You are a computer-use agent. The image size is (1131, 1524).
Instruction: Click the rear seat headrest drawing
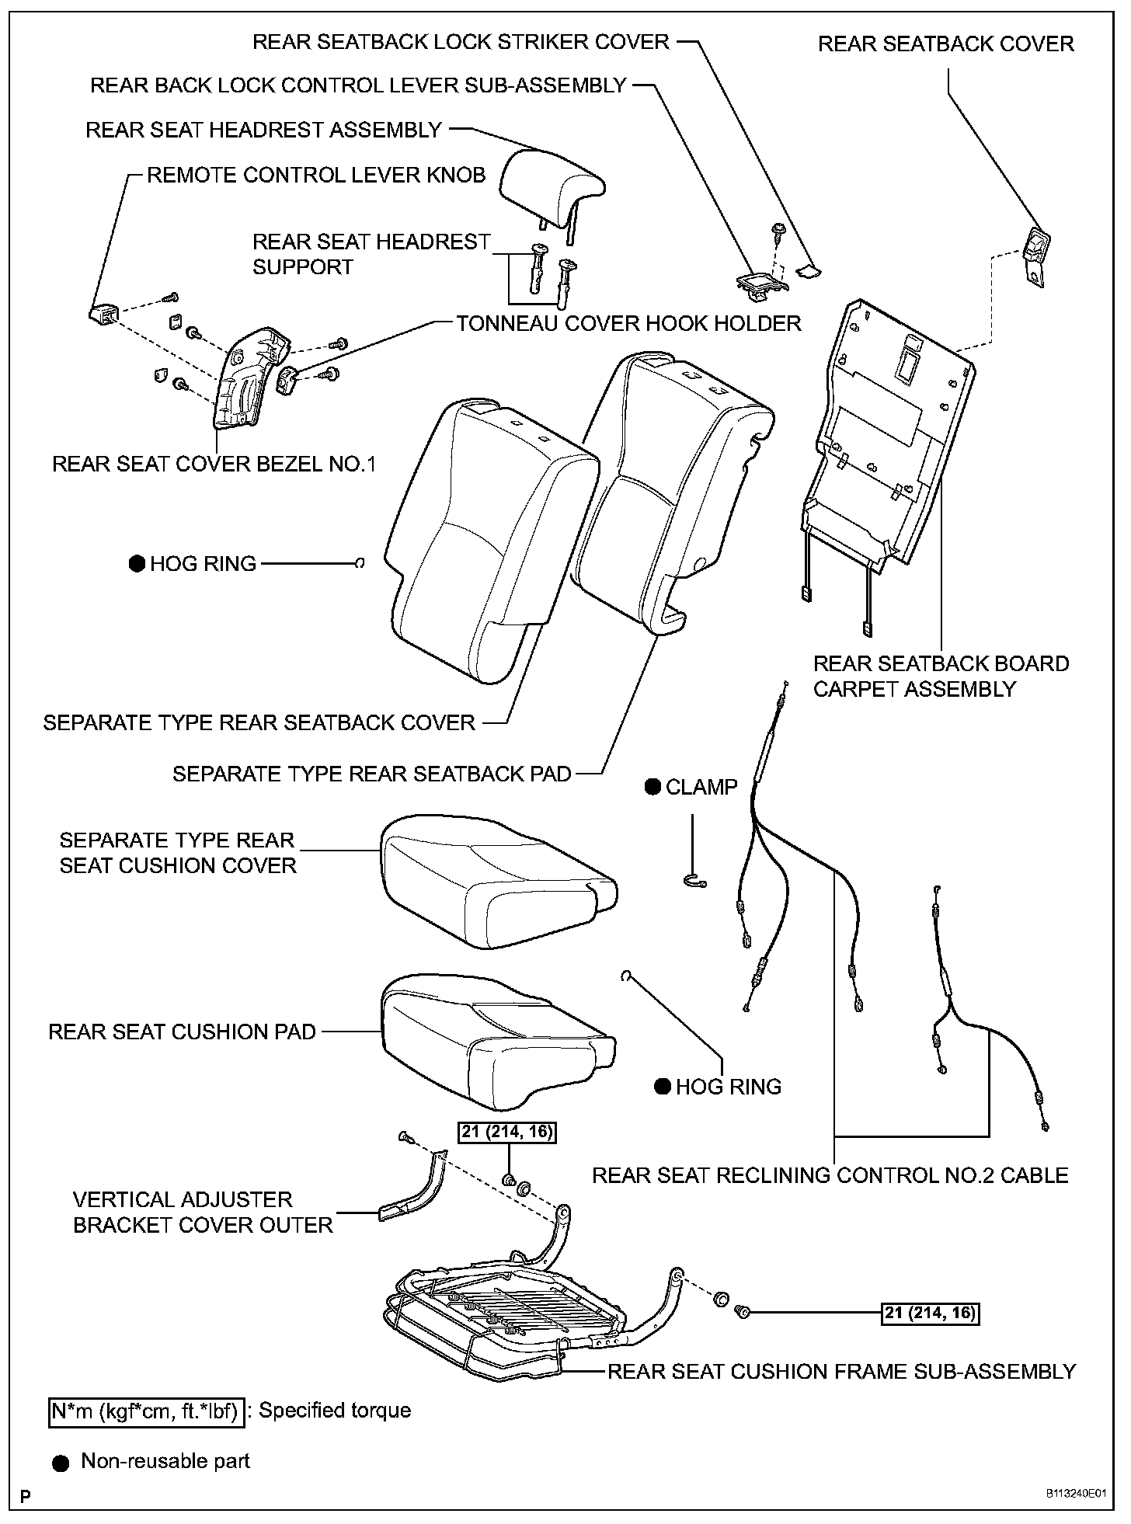point(552,186)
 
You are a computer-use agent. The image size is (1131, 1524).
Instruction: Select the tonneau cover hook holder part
point(288,381)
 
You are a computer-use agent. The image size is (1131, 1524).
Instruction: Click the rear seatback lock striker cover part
point(809,271)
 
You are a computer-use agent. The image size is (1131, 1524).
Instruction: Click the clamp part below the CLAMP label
point(695,879)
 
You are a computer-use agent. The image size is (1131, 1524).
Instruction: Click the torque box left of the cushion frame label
point(930,1313)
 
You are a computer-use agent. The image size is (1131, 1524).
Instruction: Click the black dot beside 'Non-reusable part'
point(61,1463)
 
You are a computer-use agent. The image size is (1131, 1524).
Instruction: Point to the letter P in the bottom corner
point(26,1496)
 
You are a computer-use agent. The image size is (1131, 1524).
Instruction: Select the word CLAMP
point(701,787)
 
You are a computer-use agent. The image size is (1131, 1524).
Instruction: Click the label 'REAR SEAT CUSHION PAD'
point(183,1032)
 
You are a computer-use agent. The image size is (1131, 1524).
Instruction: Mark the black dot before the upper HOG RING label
point(137,564)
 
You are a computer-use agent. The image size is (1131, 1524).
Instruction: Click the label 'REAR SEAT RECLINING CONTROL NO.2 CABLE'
point(830,1175)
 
